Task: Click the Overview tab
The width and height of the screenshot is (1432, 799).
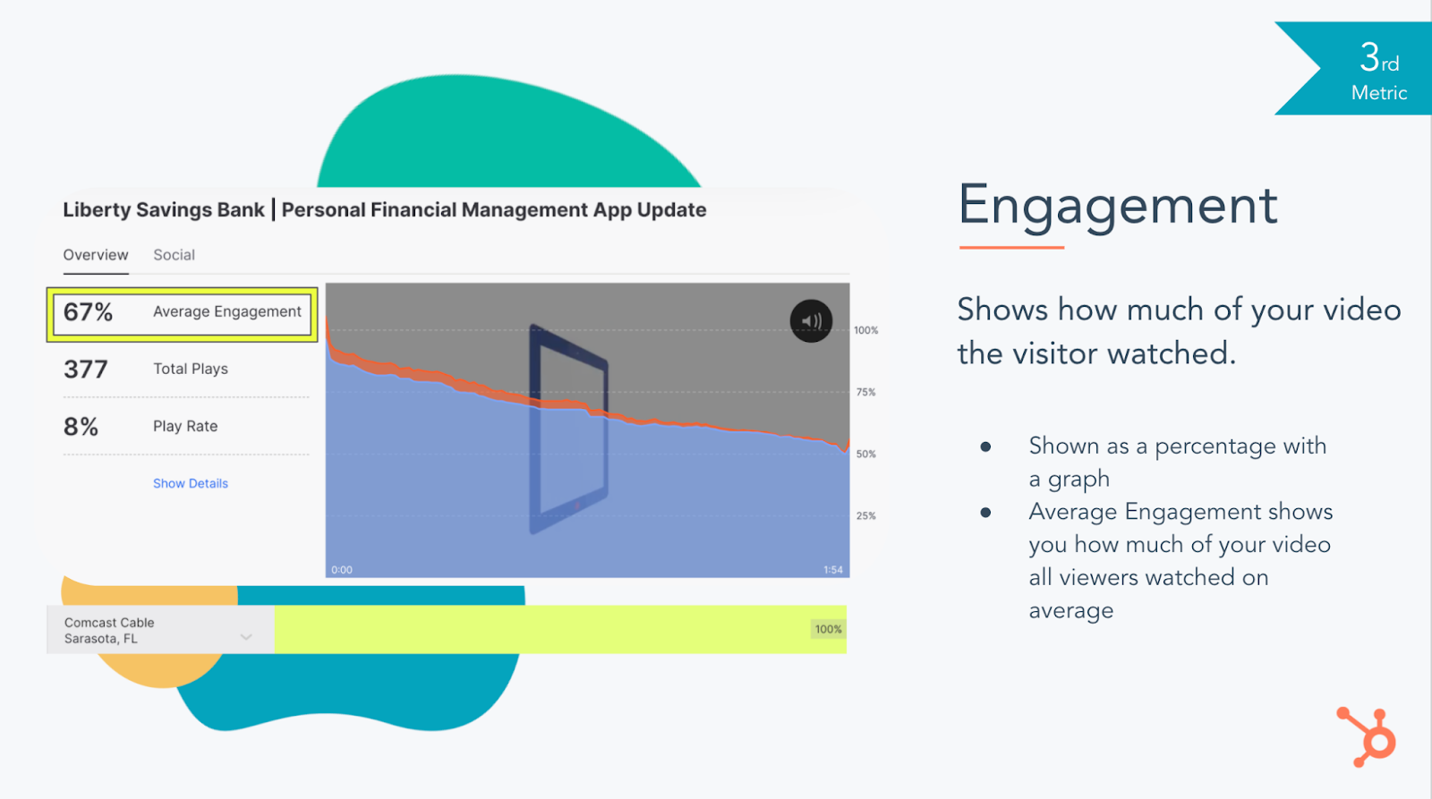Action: (x=95, y=254)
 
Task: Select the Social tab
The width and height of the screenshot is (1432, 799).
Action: (x=174, y=254)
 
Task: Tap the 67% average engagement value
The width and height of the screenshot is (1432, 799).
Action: (x=89, y=312)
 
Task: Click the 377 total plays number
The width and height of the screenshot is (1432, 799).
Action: (x=86, y=370)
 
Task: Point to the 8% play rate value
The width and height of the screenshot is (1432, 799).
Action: (x=81, y=427)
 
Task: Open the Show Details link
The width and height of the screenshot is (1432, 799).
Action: (x=191, y=483)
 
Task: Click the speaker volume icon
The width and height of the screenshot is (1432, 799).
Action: (x=811, y=321)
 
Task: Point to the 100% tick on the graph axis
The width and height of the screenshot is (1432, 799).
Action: (x=866, y=330)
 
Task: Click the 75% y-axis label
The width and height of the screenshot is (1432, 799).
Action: (x=865, y=392)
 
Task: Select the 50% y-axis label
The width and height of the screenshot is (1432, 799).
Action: (x=865, y=454)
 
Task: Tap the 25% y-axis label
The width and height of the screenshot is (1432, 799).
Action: (x=865, y=515)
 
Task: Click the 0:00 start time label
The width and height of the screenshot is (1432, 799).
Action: (x=341, y=570)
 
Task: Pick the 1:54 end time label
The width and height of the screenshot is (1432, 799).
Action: (x=833, y=570)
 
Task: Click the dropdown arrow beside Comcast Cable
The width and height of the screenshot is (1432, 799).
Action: (x=246, y=637)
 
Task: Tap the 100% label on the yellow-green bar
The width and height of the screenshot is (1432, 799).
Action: (x=828, y=629)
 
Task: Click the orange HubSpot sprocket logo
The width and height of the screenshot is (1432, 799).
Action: (x=1367, y=737)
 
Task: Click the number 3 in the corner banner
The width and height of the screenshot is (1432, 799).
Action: (x=1368, y=57)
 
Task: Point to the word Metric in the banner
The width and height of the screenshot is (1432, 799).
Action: (x=1379, y=93)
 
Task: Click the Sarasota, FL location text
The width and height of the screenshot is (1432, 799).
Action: (x=100, y=639)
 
